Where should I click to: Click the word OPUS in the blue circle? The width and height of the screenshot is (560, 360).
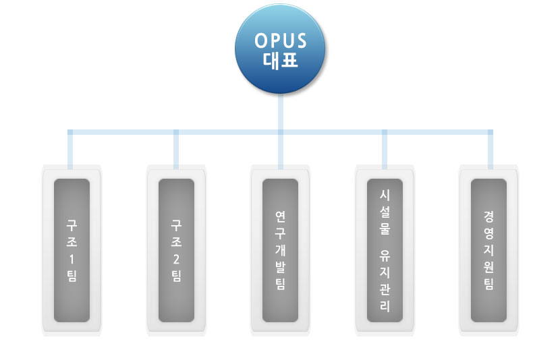(280, 40)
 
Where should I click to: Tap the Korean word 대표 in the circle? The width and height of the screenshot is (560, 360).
(280, 60)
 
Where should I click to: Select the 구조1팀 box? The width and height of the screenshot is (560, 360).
(72, 249)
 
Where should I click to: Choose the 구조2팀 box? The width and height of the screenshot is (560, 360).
(176, 249)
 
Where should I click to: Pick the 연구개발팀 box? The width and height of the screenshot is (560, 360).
(280, 249)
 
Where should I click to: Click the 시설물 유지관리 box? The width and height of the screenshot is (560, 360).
(385, 249)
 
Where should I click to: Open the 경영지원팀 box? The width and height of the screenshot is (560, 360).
(488, 249)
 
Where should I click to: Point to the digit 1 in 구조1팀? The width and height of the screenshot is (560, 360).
(72, 258)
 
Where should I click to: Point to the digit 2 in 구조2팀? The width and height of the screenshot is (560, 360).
(176, 258)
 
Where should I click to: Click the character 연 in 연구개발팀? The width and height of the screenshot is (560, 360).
(280, 216)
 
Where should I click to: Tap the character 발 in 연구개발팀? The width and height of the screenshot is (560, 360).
(280, 266)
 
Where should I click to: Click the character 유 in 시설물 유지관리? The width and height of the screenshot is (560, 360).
(385, 258)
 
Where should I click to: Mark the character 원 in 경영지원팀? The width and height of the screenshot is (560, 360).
(488, 266)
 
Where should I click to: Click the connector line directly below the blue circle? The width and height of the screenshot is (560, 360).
(280, 111)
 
